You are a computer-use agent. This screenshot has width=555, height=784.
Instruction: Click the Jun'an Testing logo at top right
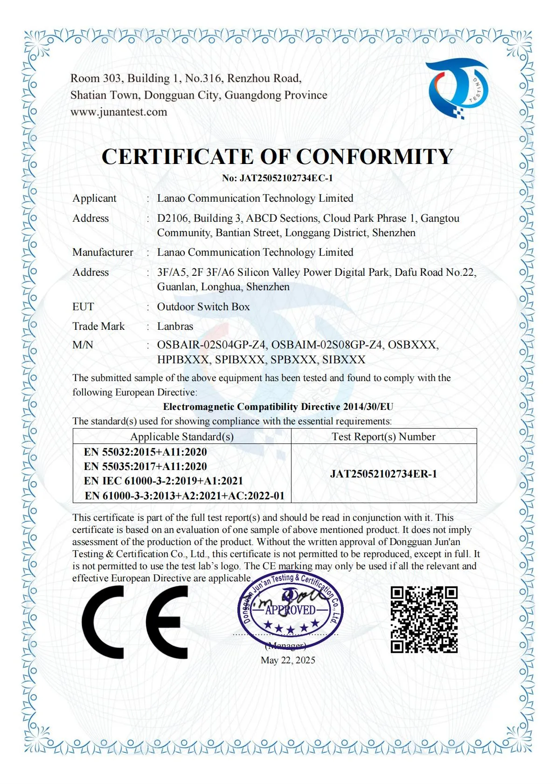pyautogui.click(x=458, y=89)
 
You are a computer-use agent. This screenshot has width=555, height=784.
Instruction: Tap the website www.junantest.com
pyautogui.click(x=118, y=112)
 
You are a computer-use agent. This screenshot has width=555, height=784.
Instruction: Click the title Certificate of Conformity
pyautogui.click(x=277, y=157)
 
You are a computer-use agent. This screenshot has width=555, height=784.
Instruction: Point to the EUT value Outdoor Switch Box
pyautogui.click(x=203, y=307)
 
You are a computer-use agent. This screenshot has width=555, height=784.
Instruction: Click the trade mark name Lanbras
pyautogui.click(x=175, y=326)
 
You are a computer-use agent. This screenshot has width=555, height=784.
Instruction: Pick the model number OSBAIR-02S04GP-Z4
pyautogui.click(x=212, y=345)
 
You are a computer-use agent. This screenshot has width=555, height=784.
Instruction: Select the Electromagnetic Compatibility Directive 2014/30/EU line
pyautogui.click(x=278, y=407)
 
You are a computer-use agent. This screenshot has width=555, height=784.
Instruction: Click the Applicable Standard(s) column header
pyautogui.click(x=182, y=436)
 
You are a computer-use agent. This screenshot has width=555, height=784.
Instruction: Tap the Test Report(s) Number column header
pyautogui.click(x=383, y=436)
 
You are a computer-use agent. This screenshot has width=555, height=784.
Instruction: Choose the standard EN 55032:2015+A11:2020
pyautogui.click(x=146, y=452)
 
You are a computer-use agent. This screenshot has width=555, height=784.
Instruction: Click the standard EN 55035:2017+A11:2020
pyautogui.click(x=146, y=466)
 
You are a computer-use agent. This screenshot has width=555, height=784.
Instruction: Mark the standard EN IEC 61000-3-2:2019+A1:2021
pyautogui.click(x=164, y=481)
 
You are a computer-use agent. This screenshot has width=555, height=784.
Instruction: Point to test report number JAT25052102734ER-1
pyautogui.click(x=383, y=474)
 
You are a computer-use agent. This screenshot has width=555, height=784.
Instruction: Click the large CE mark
pyautogui.click(x=135, y=622)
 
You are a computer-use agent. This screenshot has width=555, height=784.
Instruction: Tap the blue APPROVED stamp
pyautogui.click(x=290, y=610)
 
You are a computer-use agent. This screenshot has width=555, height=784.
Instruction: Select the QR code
pyautogui.click(x=424, y=620)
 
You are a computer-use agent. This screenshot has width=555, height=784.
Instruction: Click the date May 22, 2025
pyautogui.click(x=288, y=660)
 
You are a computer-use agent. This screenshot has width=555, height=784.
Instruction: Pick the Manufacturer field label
pyautogui.click(x=103, y=252)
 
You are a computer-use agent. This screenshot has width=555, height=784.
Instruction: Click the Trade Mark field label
pyautogui.click(x=98, y=326)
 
